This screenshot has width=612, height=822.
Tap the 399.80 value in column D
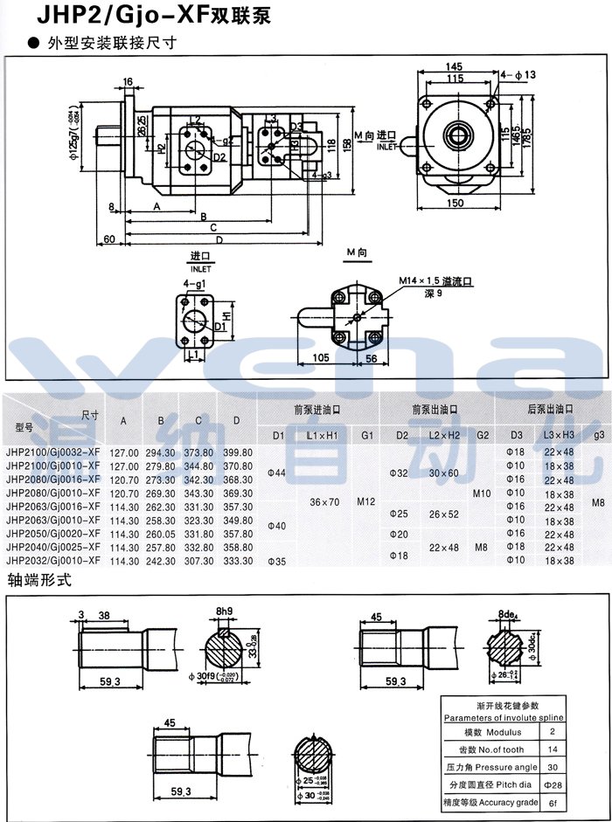[237, 452]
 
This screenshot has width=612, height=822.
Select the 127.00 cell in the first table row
[124, 452]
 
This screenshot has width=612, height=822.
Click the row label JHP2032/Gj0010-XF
[52, 560]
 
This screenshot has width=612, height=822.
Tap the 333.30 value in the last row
[237, 560]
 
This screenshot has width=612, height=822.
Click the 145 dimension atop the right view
[453, 67]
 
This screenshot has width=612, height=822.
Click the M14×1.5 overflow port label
[435, 281]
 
